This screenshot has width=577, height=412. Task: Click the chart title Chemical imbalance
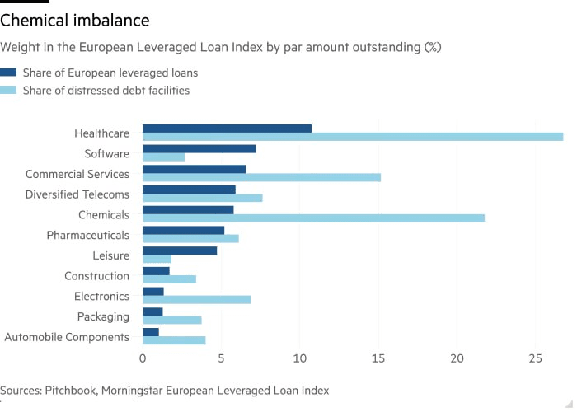[x=75, y=19]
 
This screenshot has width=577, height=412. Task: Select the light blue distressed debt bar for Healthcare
[x=353, y=137]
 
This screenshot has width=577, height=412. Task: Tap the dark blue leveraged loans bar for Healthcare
[x=227, y=129]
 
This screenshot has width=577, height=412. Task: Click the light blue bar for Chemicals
[x=313, y=218]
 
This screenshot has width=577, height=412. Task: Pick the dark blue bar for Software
[x=199, y=149]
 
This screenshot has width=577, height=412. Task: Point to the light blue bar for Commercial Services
[x=261, y=177]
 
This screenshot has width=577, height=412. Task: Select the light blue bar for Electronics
[x=196, y=300]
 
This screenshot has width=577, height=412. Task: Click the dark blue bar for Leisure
[x=180, y=250]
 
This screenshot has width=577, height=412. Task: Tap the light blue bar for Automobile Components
[x=174, y=340]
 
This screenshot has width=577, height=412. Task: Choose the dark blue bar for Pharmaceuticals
[x=183, y=231]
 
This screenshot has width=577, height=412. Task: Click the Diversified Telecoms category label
[x=77, y=194]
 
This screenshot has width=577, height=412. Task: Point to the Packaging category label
[x=103, y=316]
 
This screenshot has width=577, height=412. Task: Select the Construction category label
[x=97, y=276]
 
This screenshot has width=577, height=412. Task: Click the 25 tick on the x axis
[x=535, y=359]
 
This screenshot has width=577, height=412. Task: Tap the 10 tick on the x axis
[x=299, y=359]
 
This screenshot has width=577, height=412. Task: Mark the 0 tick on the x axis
[x=143, y=359]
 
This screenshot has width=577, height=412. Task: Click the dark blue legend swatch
[x=8, y=73]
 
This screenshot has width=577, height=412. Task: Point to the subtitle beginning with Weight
[x=221, y=47]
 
